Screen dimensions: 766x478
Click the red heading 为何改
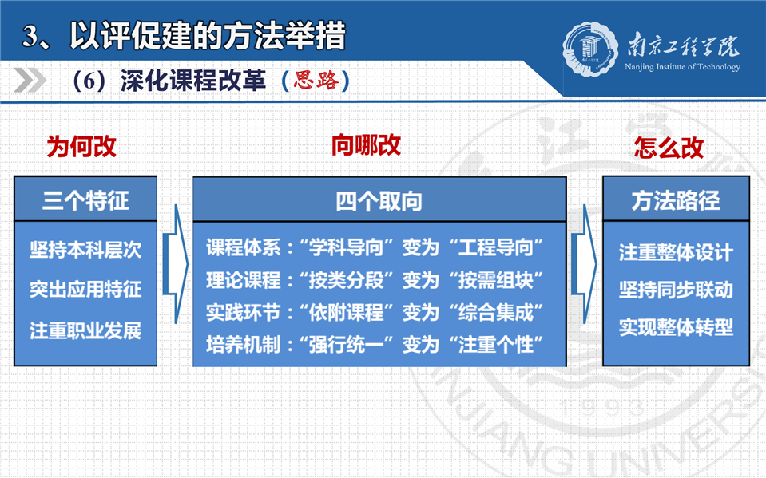[x=81, y=147]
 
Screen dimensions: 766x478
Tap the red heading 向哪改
[x=366, y=145]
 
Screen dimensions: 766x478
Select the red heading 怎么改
[x=669, y=148]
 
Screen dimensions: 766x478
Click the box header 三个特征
[x=85, y=200]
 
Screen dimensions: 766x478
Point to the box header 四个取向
[x=379, y=201]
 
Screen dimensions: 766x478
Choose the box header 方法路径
[x=676, y=200]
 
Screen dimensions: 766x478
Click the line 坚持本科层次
[x=85, y=250]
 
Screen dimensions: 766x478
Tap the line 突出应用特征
[x=85, y=290]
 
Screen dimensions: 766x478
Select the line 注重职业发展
[x=85, y=330]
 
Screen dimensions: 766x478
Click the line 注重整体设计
[x=676, y=252]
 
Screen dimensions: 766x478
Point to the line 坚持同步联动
[x=676, y=290]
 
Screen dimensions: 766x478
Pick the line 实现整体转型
[x=676, y=327]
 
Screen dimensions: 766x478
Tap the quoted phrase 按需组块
[x=495, y=280]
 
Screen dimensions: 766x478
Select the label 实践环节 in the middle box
[x=244, y=313]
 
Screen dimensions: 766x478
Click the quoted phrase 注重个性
[x=495, y=345]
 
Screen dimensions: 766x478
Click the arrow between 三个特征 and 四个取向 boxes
[x=176, y=264]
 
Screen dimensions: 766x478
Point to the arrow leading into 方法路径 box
[x=584, y=264]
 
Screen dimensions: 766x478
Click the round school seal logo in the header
[x=590, y=49]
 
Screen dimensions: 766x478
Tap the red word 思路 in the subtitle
[x=316, y=80]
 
